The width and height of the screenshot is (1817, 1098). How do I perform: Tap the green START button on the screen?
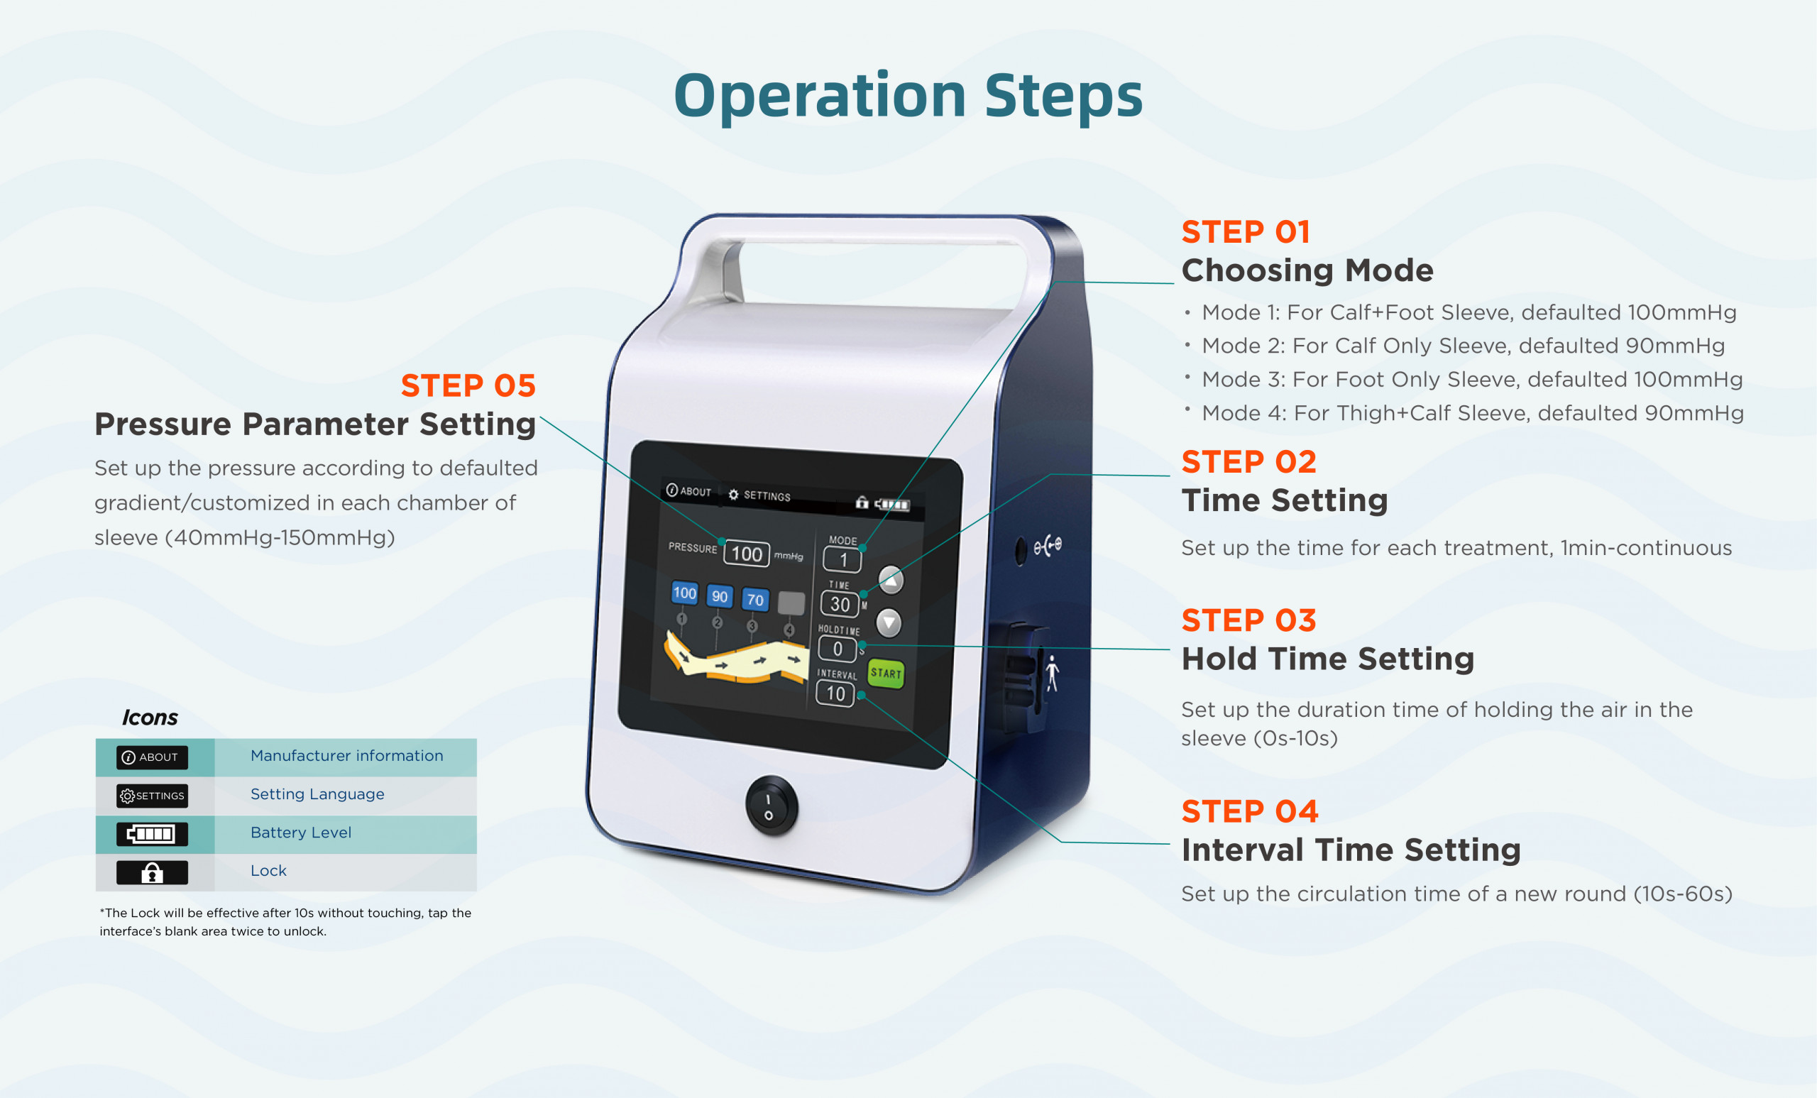886,674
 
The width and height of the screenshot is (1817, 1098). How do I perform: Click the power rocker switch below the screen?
770,806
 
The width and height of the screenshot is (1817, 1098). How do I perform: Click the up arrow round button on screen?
891,581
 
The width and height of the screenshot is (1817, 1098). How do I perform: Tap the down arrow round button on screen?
889,624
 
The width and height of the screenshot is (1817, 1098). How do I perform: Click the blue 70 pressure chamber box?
755,600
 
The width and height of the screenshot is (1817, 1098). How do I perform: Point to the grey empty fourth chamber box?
791,603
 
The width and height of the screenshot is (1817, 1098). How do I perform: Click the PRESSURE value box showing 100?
746,554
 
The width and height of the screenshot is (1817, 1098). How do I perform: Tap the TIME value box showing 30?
840,604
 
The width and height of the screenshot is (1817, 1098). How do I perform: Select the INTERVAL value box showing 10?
835,693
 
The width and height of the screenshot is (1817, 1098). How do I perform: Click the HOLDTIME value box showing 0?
838,649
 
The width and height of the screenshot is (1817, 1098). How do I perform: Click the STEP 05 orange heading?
468,385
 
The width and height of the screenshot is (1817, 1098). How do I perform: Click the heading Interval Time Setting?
1350,850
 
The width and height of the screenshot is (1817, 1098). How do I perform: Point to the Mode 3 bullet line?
1471,379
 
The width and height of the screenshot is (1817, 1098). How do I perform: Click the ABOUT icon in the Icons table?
152,757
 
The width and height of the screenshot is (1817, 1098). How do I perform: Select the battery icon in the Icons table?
152,834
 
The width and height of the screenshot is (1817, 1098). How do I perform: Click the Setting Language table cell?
317,794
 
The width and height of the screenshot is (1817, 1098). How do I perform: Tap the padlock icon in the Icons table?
152,872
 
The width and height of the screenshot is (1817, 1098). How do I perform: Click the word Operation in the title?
818,96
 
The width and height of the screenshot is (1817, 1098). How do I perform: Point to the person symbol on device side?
1053,673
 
